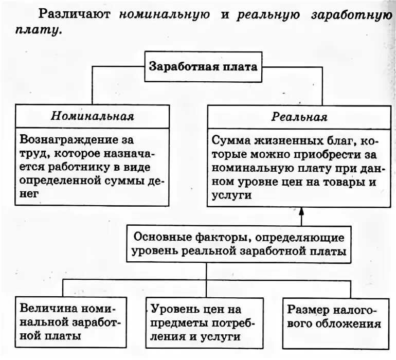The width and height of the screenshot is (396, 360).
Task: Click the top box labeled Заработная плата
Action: [x=203, y=67]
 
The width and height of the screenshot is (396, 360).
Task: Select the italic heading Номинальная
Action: [x=92, y=116]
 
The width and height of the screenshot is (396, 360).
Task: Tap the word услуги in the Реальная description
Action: [x=231, y=195]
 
